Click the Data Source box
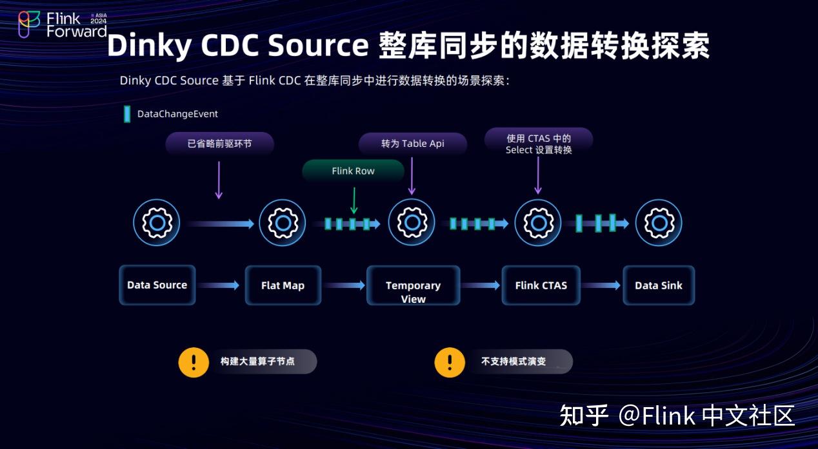pyautogui.click(x=157, y=285)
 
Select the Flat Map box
pyautogui.click(x=283, y=285)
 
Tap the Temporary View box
pyautogui.click(x=413, y=285)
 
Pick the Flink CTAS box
pyautogui.click(x=541, y=285)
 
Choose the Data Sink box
pyautogui.click(x=658, y=285)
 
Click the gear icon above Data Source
pyautogui.click(x=157, y=223)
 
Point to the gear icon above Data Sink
pyautogui.click(x=659, y=223)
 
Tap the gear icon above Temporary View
pyautogui.click(x=412, y=223)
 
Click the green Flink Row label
pyautogui.click(x=353, y=171)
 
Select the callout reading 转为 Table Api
pyautogui.click(x=412, y=144)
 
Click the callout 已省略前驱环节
pyautogui.click(x=219, y=144)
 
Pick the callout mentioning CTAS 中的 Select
pyautogui.click(x=538, y=144)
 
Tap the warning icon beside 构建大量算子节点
pyautogui.click(x=193, y=362)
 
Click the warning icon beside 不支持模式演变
pyautogui.click(x=450, y=362)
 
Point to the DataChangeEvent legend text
pyautogui.click(x=177, y=114)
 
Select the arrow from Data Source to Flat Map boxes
pyautogui.click(x=219, y=285)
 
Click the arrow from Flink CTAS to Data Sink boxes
pyautogui.click(x=601, y=285)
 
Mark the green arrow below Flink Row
pyautogui.click(x=354, y=200)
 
